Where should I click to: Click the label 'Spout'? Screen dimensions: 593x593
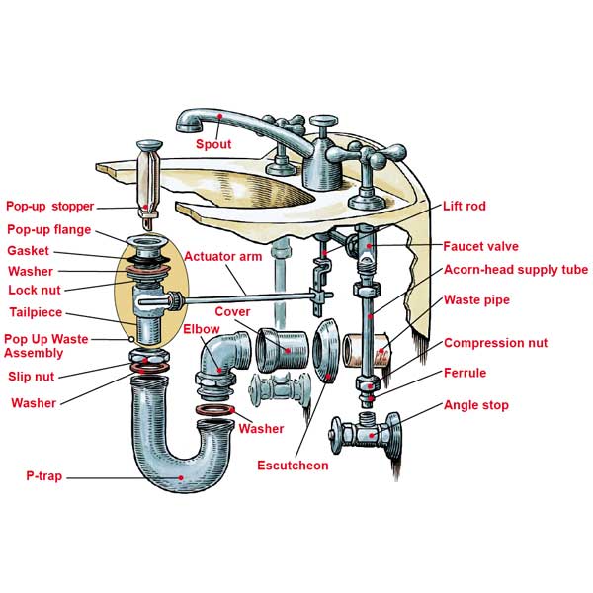[212, 144]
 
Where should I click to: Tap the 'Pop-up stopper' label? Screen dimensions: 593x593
[50, 207]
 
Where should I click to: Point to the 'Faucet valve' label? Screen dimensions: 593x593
[480, 246]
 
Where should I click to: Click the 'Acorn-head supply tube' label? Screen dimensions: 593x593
[515, 270]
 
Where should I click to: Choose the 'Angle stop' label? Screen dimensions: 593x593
[477, 405]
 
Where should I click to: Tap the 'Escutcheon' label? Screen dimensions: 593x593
[293, 466]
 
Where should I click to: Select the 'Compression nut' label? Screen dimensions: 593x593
[495, 344]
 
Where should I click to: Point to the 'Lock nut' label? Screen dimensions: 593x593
[36, 291]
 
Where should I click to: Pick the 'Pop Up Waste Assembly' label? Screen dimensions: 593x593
[45, 345]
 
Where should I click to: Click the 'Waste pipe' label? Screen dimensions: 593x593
[477, 299]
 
